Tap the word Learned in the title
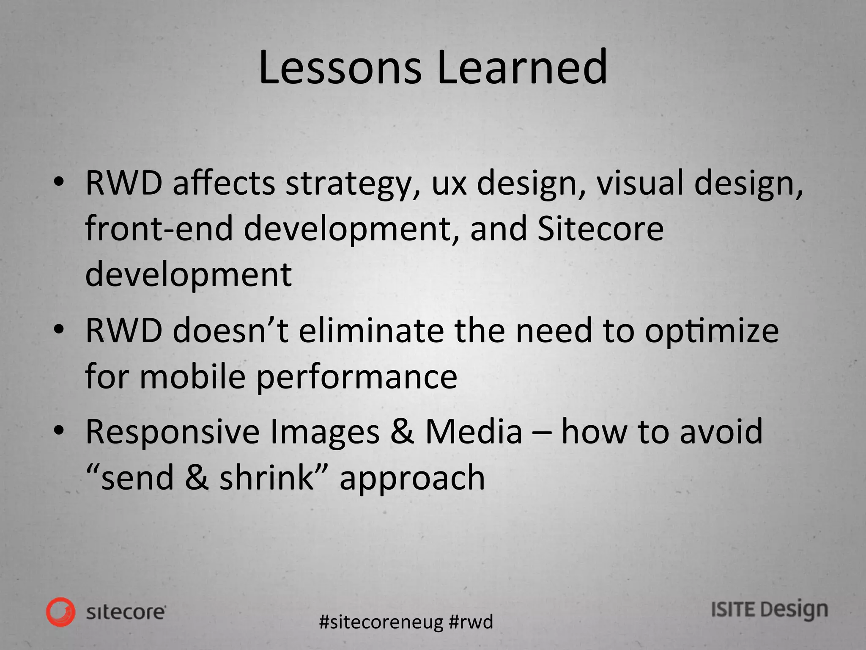(x=522, y=68)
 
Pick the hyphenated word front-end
(x=159, y=229)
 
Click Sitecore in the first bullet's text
(x=600, y=229)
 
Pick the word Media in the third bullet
(x=474, y=432)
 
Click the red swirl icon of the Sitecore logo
(x=61, y=611)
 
